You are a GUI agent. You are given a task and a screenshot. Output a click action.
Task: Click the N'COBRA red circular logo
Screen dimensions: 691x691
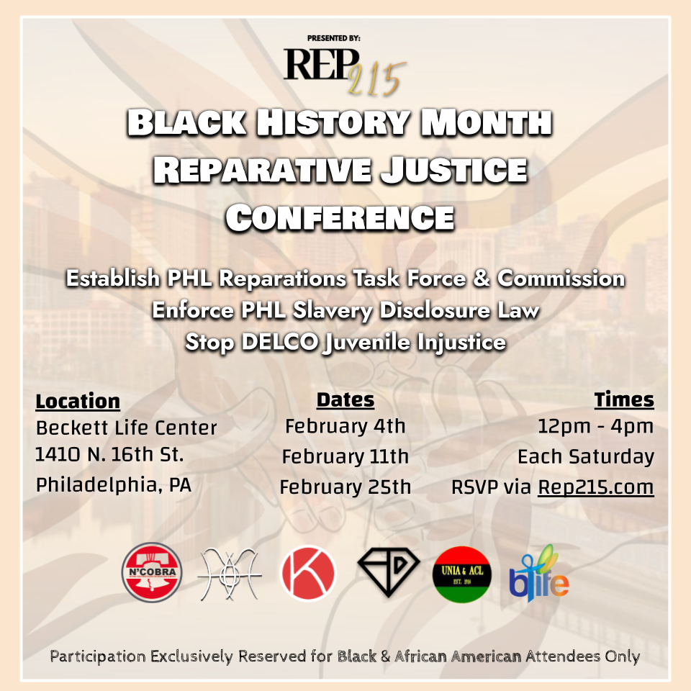152,572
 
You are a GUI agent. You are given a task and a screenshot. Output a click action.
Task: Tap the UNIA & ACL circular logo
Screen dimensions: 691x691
462,574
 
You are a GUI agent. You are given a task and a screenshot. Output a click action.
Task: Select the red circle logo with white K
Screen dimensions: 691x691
308,573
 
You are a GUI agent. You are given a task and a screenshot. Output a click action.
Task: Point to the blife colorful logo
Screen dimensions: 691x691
539,574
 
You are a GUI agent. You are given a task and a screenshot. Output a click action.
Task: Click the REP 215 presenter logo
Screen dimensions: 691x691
345,71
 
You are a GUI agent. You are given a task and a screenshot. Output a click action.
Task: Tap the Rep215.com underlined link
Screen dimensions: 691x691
596,487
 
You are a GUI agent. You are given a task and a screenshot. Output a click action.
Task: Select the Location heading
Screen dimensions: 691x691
78,401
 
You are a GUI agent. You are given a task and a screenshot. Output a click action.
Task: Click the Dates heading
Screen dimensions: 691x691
345,399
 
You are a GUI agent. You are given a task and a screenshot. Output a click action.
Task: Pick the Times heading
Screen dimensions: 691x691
624,399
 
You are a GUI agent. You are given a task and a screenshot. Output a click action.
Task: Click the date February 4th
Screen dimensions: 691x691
345,426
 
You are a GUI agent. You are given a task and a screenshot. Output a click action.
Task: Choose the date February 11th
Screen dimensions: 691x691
345,456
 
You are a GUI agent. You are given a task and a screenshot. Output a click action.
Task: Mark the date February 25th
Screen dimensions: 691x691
345,487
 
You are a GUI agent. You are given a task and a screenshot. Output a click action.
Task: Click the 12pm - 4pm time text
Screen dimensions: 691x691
596,426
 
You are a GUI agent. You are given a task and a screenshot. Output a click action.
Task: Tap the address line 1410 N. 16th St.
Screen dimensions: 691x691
109,454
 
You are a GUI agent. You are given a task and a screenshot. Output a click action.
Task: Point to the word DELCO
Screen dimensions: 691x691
280,342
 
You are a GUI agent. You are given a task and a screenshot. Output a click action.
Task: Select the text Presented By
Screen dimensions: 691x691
333,38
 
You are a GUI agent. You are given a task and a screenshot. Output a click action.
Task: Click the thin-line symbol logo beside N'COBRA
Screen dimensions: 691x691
230,574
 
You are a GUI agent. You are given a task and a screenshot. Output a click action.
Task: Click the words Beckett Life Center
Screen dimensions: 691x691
127,428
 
